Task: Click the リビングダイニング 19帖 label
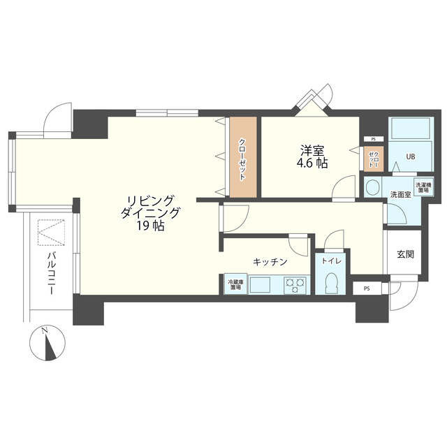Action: pyautogui.click(x=150, y=213)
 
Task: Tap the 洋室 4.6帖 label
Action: pyautogui.click(x=313, y=156)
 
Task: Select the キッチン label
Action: pyautogui.click(x=270, y=262)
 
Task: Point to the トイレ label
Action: pyautogui.click(x=332, y=261)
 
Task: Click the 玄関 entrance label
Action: pyautogui.click(x=406, y=254)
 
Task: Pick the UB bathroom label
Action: pyautogui.click(x=411, y=156)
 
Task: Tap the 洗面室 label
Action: pyautogui.click(x=400, y=195)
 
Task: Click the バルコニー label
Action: pyautogui.click(x=51, y=272)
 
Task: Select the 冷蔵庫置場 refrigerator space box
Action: pyautogui.click(x=235, y=284)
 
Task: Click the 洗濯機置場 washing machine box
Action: pyautogui.click(x=424, y=188)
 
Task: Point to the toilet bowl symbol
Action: pyautogui.click(x=331, y=283)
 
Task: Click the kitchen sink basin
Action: pyautogui.click(x=261, y=285)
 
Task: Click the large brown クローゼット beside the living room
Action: pyautogui.click(x=243, y=156)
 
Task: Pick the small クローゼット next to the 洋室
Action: pyautogui.click(x=374, y=159)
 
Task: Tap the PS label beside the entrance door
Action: pyautogui.click(x=367, y=288)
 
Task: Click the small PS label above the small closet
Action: pyautogui.click(x=373, y=139)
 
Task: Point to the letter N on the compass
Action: pyautogui.click(x=44, y=330)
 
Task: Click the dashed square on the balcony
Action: pyautogui.click(x=51, y=233)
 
